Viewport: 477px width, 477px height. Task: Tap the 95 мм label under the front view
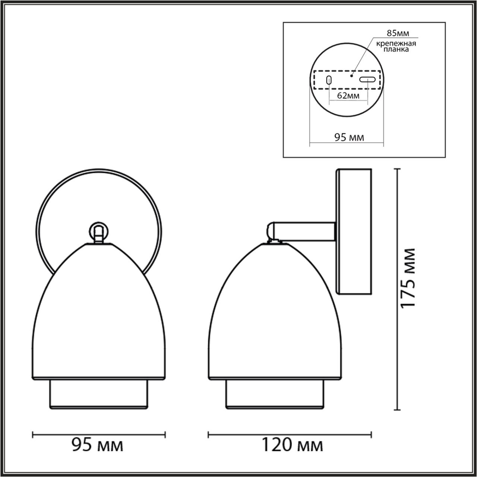(x=97, y=445)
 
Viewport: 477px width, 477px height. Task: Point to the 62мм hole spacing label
(x=348, y=96)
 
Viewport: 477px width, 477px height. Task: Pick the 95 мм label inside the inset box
(x=349, y=138)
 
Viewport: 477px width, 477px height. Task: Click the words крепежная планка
(x=396, y=46)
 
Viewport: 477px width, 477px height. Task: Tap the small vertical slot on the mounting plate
(x=329, y=80)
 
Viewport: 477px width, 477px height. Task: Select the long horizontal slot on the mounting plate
(x=367, y=79)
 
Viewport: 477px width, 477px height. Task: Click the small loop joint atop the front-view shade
(x=98, y=231)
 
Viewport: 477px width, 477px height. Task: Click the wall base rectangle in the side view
(x=354, y=231)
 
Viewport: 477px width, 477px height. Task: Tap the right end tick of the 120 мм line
(x=371, y=434)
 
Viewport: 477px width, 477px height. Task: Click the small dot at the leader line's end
(x=351, y=75)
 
